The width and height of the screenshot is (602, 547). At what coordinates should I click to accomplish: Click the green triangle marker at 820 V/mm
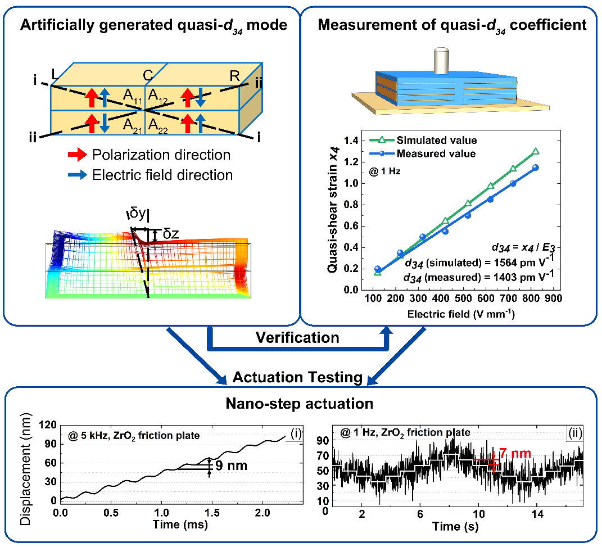(536, 151)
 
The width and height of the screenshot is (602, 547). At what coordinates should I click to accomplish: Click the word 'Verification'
(297, 337)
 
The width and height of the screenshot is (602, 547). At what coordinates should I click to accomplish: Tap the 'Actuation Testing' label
(297, 377)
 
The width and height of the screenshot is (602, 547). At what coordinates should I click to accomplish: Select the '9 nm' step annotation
(232, 465)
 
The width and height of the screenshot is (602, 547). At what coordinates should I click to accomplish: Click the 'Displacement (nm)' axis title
(25, 469)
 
